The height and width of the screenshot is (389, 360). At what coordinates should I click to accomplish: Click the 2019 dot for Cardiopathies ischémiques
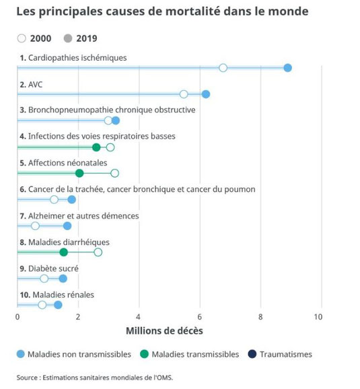(287, 68)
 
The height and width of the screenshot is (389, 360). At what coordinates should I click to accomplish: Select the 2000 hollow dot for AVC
(184, 94)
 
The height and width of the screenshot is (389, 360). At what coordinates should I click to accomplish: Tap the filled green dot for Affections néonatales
(79, 173)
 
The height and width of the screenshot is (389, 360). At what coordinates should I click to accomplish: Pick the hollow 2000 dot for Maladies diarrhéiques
(98, 252)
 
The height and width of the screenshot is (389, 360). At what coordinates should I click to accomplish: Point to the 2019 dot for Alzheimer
(67, 226)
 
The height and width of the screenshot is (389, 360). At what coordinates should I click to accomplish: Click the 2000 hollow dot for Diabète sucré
(44, 279)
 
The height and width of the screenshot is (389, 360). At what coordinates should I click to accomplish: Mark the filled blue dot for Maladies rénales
(58, 305)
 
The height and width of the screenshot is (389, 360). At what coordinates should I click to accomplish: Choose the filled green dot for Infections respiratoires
(96, 147)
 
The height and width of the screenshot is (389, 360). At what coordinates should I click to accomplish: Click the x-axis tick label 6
(199, 317)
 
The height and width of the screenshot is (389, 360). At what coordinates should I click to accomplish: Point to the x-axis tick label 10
(318, 317)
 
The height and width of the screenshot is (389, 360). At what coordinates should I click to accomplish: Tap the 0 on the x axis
(17, 317)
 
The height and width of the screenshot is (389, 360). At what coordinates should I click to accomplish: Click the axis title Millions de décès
(164, 331)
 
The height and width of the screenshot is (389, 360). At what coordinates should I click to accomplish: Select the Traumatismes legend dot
(252, 354)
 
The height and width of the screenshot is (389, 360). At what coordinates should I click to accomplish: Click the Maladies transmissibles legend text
(195, 354)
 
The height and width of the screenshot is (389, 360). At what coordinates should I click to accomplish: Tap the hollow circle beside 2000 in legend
(22, 38)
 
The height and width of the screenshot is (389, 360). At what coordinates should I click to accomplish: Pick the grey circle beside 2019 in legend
(68, 38)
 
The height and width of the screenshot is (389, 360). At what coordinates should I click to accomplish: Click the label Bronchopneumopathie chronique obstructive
(112, 110)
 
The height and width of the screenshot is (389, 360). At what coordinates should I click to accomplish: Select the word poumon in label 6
(240, 190)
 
